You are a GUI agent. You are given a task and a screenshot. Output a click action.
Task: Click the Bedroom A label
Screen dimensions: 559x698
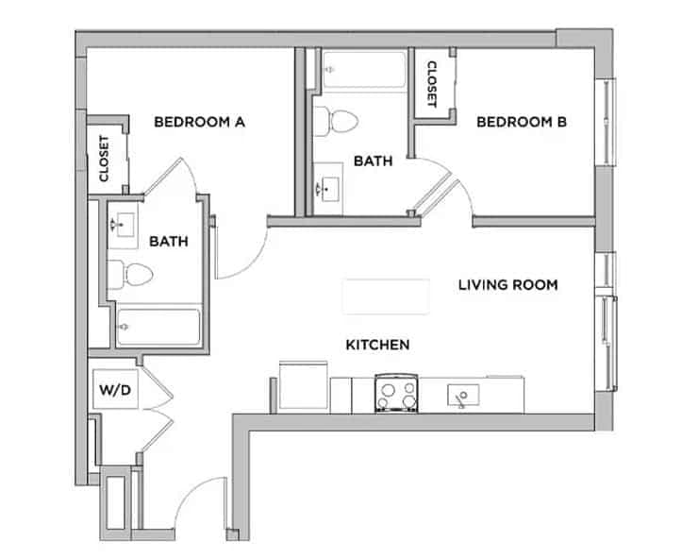click(199, 122)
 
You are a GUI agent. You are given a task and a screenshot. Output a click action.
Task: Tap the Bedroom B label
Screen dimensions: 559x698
click(521, 122)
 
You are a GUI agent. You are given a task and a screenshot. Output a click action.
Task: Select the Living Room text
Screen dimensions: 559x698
click(508, 283)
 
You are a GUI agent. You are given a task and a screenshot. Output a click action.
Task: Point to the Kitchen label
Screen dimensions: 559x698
click(377, 345)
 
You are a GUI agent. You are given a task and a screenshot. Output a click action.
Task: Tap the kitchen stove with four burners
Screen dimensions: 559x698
click(396, 393)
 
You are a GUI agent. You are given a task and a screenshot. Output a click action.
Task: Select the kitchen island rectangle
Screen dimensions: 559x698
click(387, 296)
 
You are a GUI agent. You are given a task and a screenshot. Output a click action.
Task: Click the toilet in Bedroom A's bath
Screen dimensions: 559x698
click(132, 275)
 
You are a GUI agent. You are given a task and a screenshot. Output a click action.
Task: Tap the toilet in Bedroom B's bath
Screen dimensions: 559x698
click(336, 121)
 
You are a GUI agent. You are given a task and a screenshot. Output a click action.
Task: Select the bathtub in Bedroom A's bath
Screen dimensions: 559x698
click(157, 327)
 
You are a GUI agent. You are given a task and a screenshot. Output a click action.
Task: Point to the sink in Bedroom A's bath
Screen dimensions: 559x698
click(124, 225)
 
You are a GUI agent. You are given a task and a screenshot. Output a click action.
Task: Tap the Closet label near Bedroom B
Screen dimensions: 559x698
click(431, 83)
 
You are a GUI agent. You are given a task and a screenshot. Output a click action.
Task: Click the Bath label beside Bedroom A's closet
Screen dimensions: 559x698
click(169, 242)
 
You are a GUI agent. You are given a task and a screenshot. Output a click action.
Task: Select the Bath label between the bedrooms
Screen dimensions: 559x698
click(373, 161)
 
